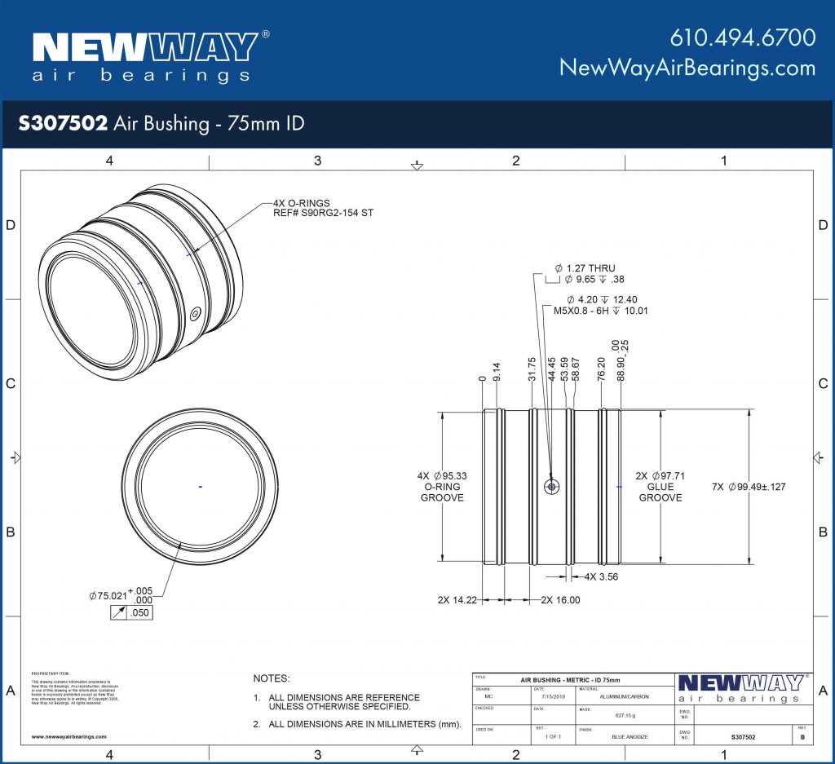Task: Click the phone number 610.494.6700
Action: pyautogui.click(x=742, y=38)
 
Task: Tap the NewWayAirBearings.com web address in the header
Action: pyautogui.click(x=687, y=68)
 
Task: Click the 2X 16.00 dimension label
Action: pyautogui.click(x=560, y=600)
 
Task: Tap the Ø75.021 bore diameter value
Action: pyautogui.click(x=108, y=596)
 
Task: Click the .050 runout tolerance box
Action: pyautogui.click(x=139, y=612)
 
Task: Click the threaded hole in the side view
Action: pyautogui.click(x=553, y=486)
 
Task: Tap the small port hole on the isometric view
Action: pyautogui.click(x=195, y=314)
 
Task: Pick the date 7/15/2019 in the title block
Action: pyautogui.click(x=552, y=697)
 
